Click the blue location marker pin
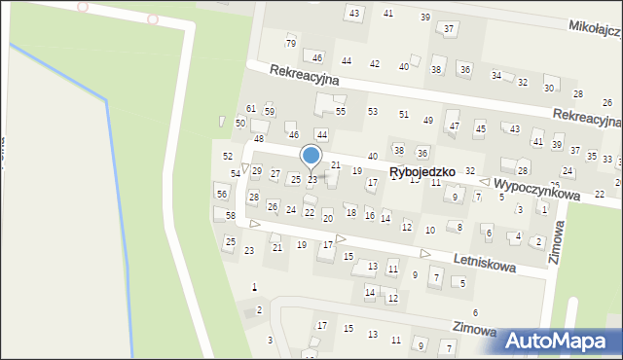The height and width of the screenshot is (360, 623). click(311, 157)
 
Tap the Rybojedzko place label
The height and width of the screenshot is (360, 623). click(423, 172)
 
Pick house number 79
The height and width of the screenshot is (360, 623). click(290, 44)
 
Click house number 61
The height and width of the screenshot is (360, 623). click(251, 108)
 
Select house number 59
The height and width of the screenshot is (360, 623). click(270, 112)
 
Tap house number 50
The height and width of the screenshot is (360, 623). click(239, 123)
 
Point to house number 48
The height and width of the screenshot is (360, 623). click(259, 139)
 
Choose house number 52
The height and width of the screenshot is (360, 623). click(228, 156)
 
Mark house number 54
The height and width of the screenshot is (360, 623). click(235, 173)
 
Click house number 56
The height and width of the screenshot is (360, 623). click(221, 195)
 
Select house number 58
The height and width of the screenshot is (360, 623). click(231, 215)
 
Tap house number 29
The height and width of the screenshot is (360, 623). click(257, 171)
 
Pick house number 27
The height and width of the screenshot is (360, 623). click(275, 175)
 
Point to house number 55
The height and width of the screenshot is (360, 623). click(341, 112)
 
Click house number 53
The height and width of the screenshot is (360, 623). click(372, 112)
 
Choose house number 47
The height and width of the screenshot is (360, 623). click(454, 126)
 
